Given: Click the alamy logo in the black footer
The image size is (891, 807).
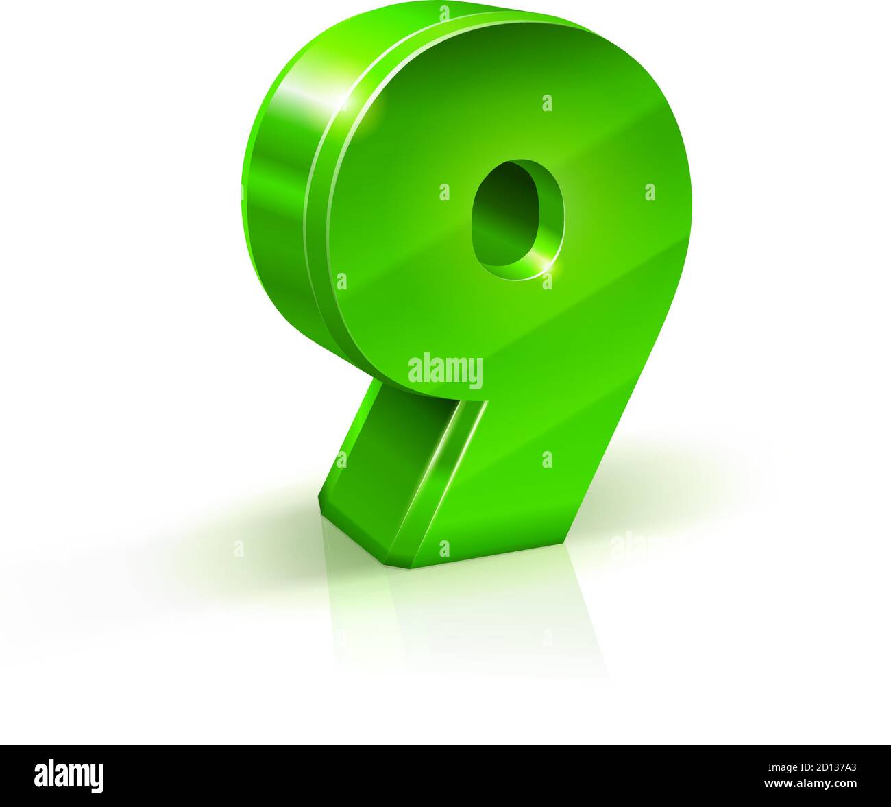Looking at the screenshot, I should (69, 775).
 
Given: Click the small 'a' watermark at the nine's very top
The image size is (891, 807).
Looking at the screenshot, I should (445, 13).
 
